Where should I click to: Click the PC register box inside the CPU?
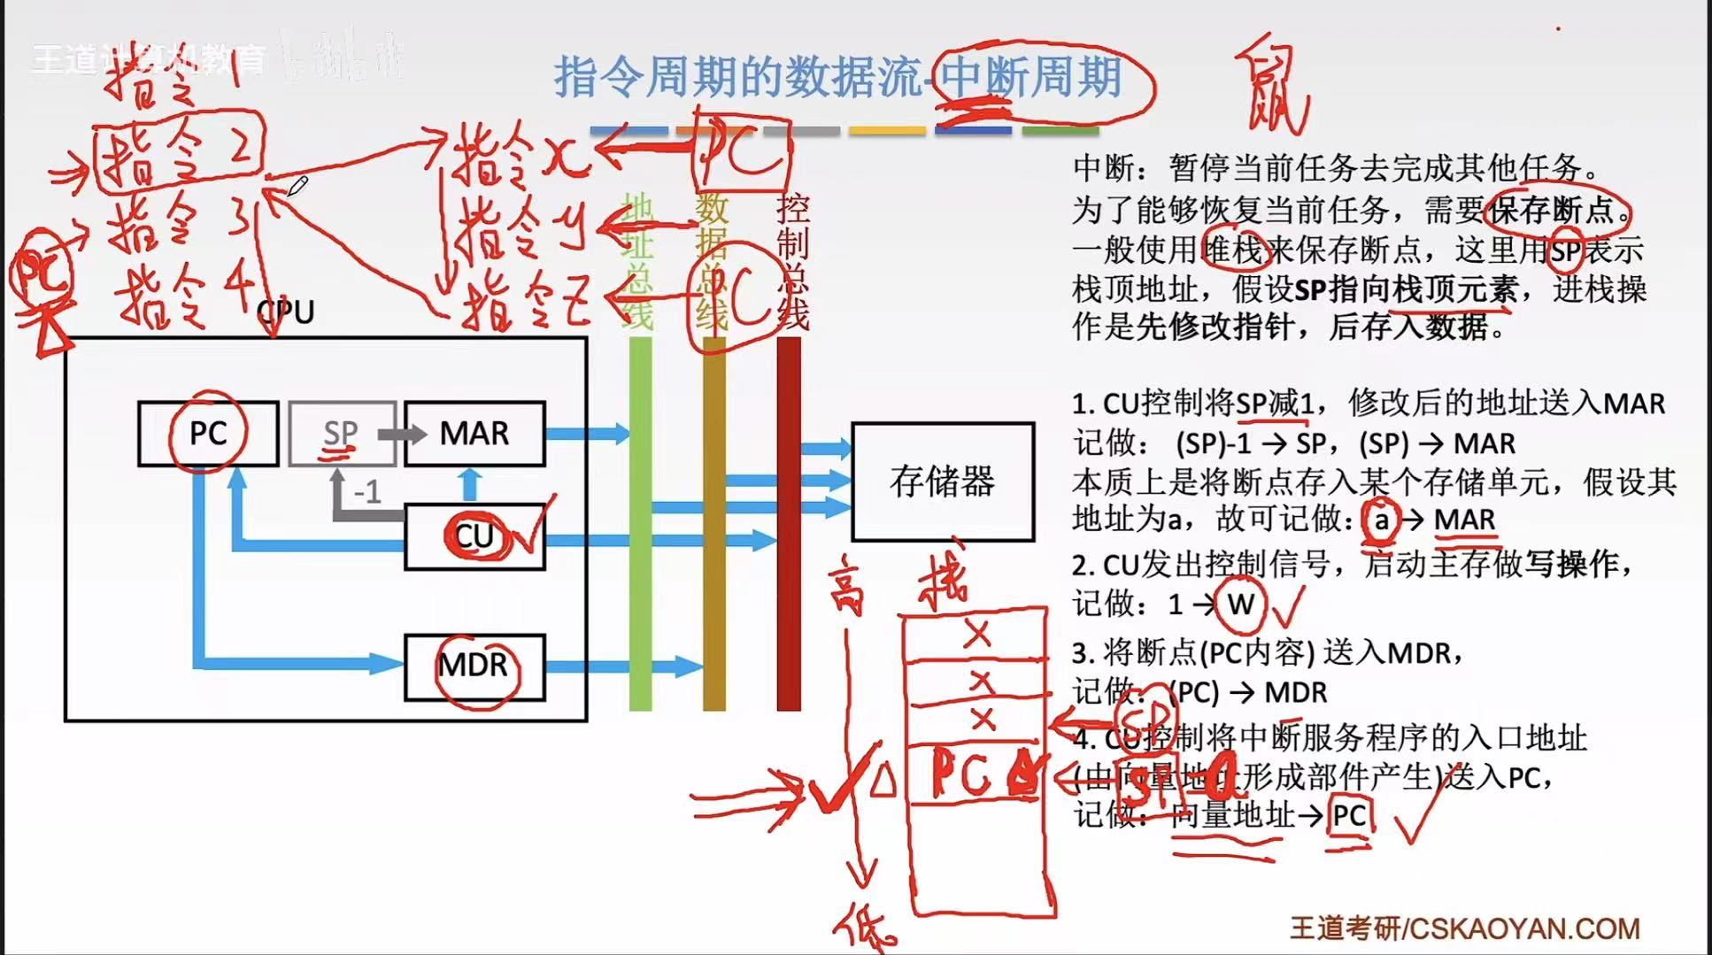click(x=208, y=433)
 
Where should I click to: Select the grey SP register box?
click(x=341, y=433)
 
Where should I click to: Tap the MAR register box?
click(x=474, y=433)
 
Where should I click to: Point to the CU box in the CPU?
click(x=474, y=536)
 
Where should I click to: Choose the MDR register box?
click(x=474, y=666)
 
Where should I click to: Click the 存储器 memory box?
click(x=943, y=481)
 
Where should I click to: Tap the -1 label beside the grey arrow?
click(x=367, y=492)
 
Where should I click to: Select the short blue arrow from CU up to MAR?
click(x=470, y=484)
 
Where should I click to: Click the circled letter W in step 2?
click(x=1240, y=605)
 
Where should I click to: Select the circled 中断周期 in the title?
click(x=1031, y=78)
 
